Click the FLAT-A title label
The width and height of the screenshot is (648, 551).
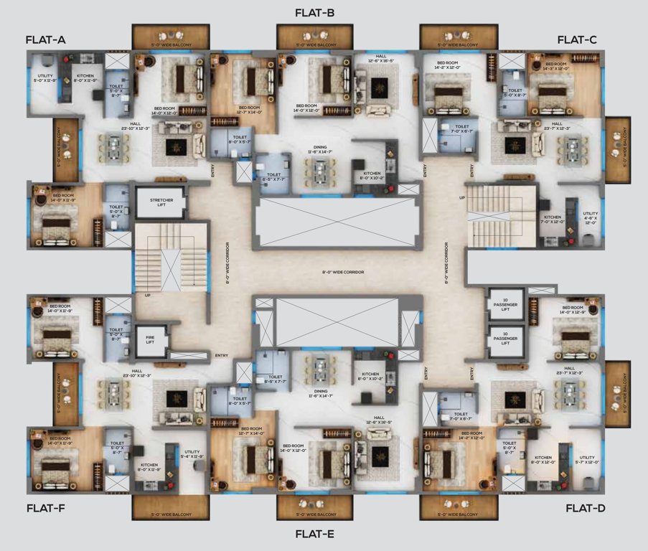(x=45, y=40)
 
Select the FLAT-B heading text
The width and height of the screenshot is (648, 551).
(x=314, y=13)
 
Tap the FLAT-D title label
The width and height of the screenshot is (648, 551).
(x=586, y=508)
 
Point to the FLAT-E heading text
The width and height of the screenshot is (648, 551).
(x=314, y=534)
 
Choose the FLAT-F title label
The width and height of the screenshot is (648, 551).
(x=45, y=508)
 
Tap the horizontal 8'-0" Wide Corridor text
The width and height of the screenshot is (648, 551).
(x=343, y=273)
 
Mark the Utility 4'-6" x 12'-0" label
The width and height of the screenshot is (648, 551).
(x=590, y=218)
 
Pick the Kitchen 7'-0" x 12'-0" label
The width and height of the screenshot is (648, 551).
(x=552, y=220)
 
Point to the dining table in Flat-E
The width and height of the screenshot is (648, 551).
(x=319, y=370)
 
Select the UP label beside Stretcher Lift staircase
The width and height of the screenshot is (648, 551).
(x=148, y=295)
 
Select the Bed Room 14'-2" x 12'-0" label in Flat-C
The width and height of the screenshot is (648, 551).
(x=451, y=65)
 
